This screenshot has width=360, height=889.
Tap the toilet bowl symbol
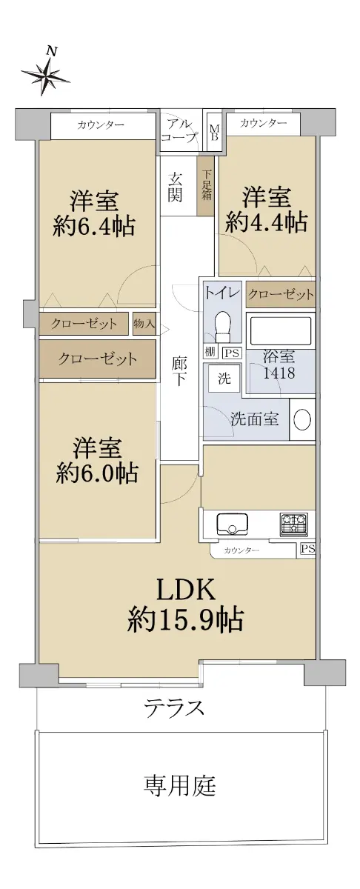[x=224, y=324]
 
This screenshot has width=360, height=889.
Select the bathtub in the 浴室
[x=280, y=330]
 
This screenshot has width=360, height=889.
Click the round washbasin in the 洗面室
[x=302, y=419]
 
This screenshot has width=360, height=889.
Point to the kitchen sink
[x=232, y=525]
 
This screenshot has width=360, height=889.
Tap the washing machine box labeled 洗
[x=224, y=379]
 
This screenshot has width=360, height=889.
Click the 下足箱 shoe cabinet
[x=206, y=185]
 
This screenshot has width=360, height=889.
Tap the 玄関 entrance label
[x=175, y=187]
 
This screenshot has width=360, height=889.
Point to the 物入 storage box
[x=144, y=324]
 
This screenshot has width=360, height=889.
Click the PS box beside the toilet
[x=231, y=353]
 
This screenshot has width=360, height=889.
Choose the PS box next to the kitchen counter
[x=308, y=549]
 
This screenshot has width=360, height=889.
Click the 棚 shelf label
[x=210, y=352]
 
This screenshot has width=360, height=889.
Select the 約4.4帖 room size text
[x=267, y=223]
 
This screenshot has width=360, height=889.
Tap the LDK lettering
[x=186, y=590]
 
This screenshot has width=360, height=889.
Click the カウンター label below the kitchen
[x=241, y=550]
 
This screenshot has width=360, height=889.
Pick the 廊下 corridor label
[x=179, y=371]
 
